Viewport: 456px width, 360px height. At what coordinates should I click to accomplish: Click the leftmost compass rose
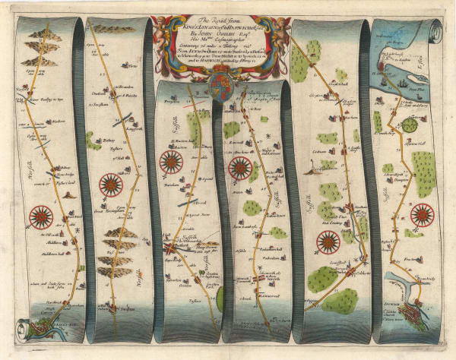point(40,217)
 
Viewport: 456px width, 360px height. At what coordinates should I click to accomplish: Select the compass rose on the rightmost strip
point(422,215)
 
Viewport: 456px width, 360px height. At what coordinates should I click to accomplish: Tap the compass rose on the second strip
point(111,185)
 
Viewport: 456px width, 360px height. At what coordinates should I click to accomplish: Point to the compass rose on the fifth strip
point(328,242)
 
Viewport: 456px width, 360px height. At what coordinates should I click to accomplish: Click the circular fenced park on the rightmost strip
point(410,124)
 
